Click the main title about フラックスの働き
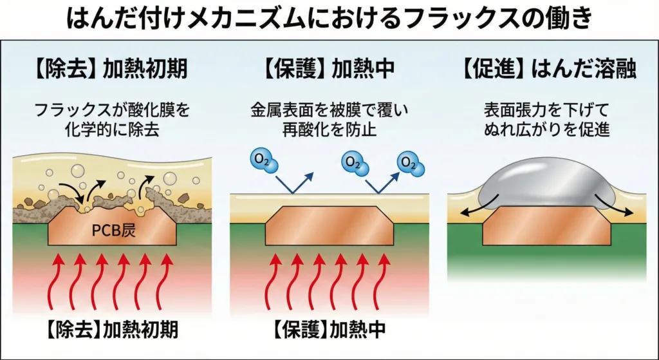[x=329, y=19]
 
